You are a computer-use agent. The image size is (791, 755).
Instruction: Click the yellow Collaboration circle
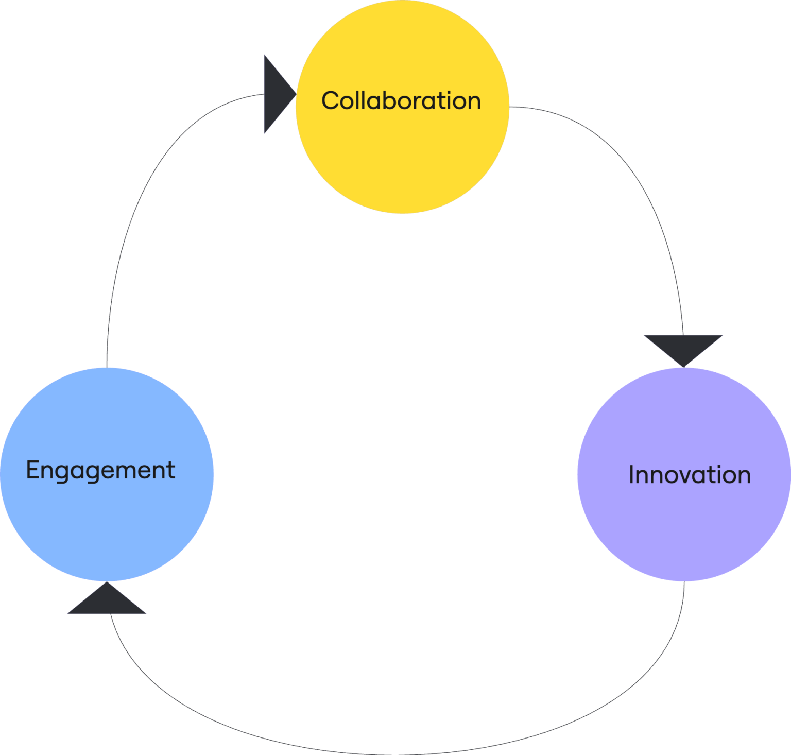402,149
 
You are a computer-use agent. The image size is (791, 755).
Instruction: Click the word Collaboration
401,101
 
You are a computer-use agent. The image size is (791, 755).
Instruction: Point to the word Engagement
100,471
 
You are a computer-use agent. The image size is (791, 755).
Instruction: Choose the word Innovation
690,475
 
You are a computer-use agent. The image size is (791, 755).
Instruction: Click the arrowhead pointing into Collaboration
276,94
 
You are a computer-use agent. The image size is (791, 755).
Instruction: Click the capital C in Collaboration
331,101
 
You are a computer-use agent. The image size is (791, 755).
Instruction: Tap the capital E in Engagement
32,470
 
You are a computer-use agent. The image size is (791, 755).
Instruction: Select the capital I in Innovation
632,475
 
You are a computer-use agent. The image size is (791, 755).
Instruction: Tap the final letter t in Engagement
171,470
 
